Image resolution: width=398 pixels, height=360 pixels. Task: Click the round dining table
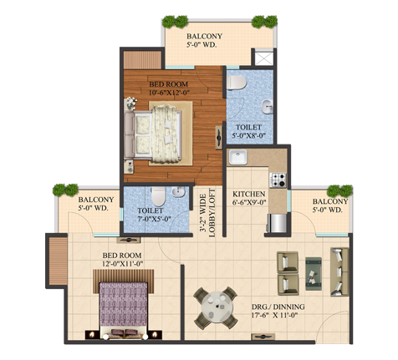click(217, 307)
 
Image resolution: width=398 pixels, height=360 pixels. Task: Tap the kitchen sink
click(237, 157)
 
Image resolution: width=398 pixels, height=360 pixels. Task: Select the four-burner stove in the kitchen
click(278, 180)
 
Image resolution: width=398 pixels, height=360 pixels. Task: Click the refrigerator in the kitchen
click(277, 223)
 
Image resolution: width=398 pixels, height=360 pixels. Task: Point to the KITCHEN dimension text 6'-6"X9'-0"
click(250, 202)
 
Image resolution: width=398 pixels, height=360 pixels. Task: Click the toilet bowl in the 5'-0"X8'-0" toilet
click(237, 83)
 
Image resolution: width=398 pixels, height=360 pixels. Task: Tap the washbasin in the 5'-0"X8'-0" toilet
click(268, 106)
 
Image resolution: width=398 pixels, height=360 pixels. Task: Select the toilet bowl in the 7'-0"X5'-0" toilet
click(159, 196)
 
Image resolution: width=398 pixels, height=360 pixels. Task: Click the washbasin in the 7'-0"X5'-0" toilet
click(178, 192)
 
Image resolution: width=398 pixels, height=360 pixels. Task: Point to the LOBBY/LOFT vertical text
click(212, 213)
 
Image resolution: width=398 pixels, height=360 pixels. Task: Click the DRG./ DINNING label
click(278, 307)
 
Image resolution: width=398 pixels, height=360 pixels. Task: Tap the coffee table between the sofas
click(314, 274)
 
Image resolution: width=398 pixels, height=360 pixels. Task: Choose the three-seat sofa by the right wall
click(339, 271)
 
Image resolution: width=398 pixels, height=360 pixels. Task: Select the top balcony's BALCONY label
click(205, 36)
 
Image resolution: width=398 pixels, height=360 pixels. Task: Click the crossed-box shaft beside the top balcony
click(263, 58)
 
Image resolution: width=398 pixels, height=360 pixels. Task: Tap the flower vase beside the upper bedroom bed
click(130, 103)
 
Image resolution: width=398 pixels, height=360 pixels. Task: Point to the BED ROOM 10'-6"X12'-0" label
click(169, 89)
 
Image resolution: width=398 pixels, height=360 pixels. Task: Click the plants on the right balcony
click(339, 191)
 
